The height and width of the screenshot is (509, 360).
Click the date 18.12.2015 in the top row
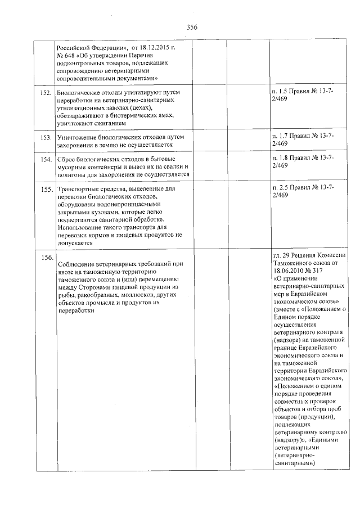[x=156, y=47]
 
